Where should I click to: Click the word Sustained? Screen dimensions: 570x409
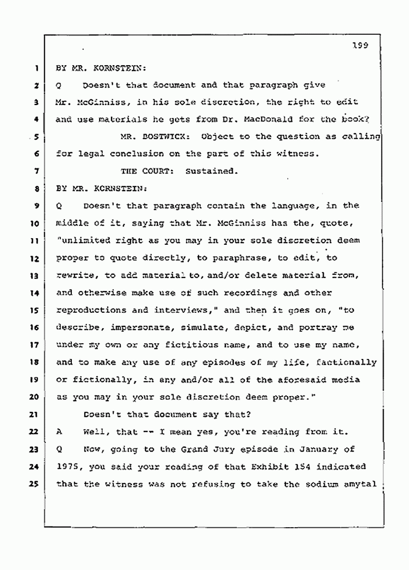tap(213, 171)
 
